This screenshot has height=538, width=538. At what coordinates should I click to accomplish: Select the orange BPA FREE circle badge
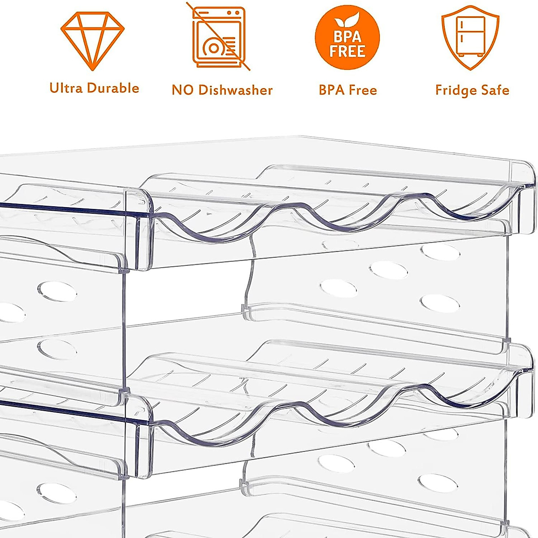(347, 38)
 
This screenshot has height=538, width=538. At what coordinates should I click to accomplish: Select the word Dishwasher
(235, 90)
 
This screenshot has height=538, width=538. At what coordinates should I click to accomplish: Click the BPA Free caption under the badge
(347, 90)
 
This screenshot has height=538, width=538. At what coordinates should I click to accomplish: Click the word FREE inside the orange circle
(347, 51)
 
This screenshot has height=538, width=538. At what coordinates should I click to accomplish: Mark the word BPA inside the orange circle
(347, 37)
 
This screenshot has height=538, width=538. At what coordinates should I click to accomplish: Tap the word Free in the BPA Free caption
(362, 90)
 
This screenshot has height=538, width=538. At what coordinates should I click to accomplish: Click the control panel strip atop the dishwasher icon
(219, 14)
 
